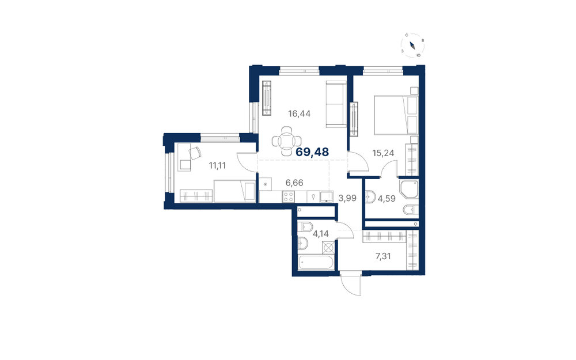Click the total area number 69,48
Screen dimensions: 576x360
click(312, 151)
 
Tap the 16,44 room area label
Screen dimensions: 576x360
click(299, 114)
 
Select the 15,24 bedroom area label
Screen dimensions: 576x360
click(383, 153)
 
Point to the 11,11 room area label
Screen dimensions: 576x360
click(218, 166)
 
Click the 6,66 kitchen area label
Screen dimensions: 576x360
click(294, 183)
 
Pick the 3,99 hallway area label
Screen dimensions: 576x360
click(347, 198)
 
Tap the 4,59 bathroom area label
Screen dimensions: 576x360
click(386, 199)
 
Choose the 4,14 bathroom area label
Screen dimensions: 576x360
click(321, 233)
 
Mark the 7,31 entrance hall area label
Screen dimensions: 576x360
click(383, 256)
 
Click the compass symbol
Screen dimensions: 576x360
click(412, 46)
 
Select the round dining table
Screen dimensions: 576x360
click(287, 141)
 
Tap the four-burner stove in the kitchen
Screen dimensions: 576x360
click(288, 196)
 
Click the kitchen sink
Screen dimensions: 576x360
click(326, 196)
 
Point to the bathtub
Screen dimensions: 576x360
click(316, 263)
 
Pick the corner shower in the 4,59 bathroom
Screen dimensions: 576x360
click(409, 189)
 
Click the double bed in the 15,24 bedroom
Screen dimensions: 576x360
click(396, 115)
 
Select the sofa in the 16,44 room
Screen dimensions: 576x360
click(336, 105)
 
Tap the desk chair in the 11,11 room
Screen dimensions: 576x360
click(195, 153)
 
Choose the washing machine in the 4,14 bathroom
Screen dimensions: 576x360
click(329, 248)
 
